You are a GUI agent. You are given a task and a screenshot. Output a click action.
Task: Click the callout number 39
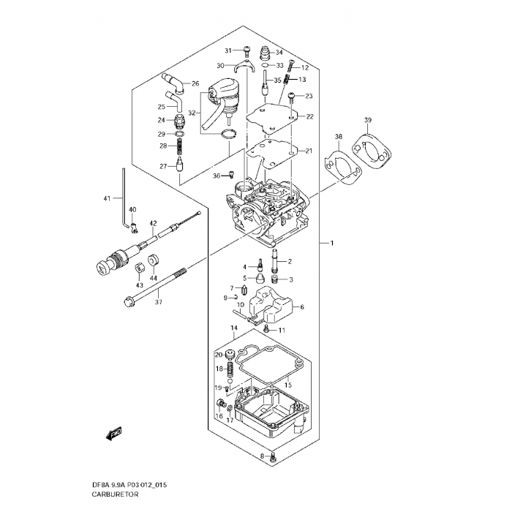click(x=368, y=120)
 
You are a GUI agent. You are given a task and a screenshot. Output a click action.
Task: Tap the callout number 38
click(x=339, y=137)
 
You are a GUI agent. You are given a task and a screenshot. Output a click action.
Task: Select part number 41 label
click(x=107, y=199)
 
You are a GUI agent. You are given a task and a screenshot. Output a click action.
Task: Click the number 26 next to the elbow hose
click(x=195, y=83)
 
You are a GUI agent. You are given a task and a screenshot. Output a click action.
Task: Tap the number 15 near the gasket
click(x=287, y=385)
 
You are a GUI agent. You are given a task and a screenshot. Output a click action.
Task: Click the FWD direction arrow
click(x=113, y=434)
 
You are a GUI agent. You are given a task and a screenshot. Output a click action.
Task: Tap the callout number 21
click(x=309, y=151)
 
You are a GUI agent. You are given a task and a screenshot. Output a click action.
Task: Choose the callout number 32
click(x=192, y=113)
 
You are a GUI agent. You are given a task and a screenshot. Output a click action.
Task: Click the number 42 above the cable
click(x=154, y=222)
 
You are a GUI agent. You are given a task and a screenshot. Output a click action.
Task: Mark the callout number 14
click(x=235, y=329)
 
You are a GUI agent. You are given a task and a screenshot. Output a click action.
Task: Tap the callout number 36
click(x=216, y=176)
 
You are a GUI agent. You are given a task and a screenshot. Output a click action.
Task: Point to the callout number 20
click(x=218, y=355)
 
